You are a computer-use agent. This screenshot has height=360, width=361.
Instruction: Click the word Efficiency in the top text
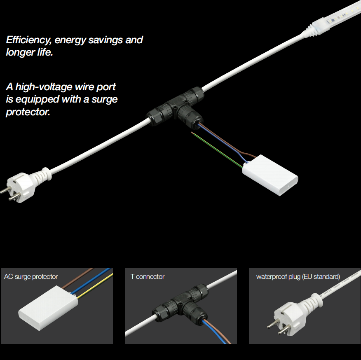(29, 40)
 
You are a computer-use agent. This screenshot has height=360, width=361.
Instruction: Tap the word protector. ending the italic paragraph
(28, 112)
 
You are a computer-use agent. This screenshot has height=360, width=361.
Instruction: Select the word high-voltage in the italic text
(44, 87)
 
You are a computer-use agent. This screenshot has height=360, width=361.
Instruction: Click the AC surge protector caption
(31, 276)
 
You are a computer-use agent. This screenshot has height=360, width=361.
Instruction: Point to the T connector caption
(148, 276)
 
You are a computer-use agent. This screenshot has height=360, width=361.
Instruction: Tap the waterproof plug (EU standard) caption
(298, 276)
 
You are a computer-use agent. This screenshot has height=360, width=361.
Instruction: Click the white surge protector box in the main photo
(270, 175)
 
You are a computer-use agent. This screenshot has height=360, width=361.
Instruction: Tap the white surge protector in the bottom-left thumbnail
(48, 308)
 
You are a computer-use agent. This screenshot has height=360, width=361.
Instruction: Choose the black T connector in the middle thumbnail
(181, 304)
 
